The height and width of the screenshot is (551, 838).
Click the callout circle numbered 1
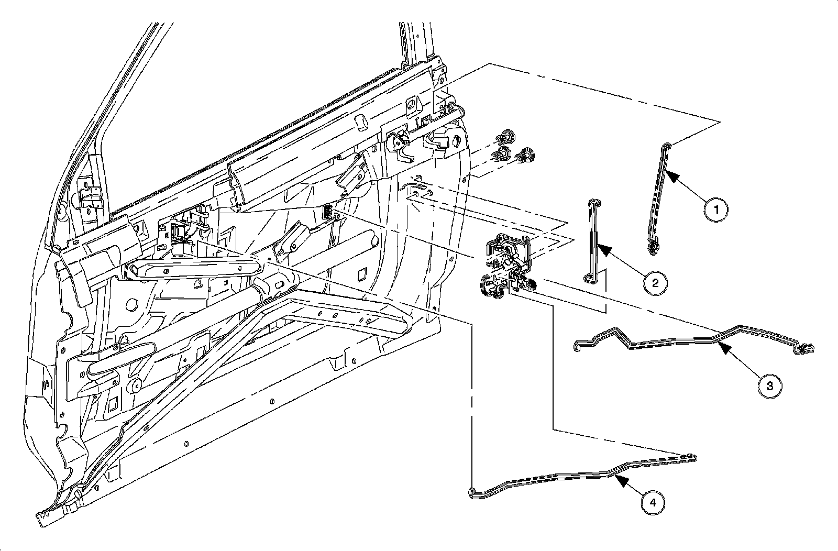[716, 210]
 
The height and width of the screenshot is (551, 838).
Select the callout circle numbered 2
[655, 283]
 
